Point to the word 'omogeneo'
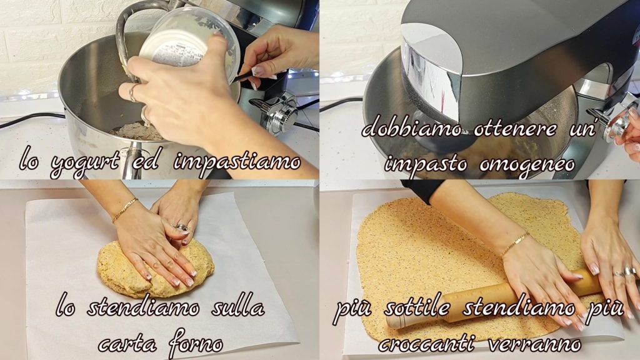pyautogui.click(x=527, y=164)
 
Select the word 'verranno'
pyautogui.click(x=534, y=344)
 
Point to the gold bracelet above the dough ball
pyautogui.click(x=125, y=209)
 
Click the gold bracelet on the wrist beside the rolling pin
pyautogui.click(x=515, y=243)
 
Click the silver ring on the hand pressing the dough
pyautogui.click(x=182, y=227)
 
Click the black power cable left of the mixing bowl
pyautogui.click(x=31, y=121)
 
